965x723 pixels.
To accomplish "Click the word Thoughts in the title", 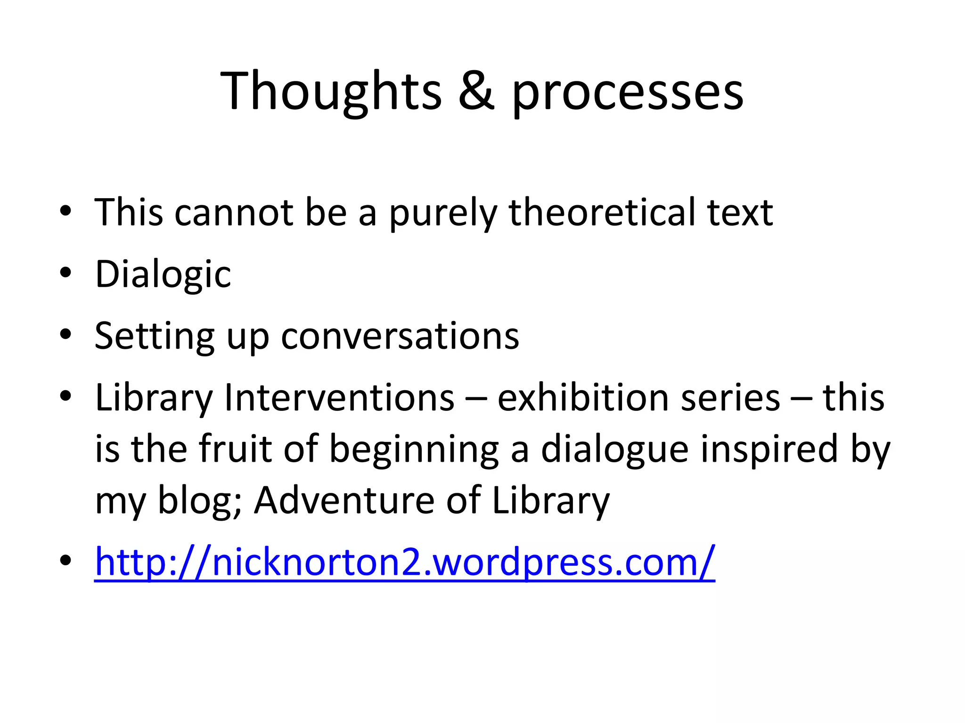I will point(331,91).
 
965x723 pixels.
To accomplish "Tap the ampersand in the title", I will point(476,91).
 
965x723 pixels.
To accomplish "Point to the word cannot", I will point(234,212).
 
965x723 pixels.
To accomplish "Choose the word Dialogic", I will point(163,274).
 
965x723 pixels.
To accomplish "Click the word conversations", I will point(400,336).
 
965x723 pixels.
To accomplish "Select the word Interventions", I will point(339,398).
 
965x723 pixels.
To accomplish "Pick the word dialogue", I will point(615,450).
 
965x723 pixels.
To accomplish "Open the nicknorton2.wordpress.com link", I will point(405,562).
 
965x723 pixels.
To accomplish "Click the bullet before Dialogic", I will point(66,273).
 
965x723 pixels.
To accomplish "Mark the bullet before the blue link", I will point(66,561).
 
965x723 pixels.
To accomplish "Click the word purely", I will point(442,213).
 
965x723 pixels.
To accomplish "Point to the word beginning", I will point(414,450).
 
